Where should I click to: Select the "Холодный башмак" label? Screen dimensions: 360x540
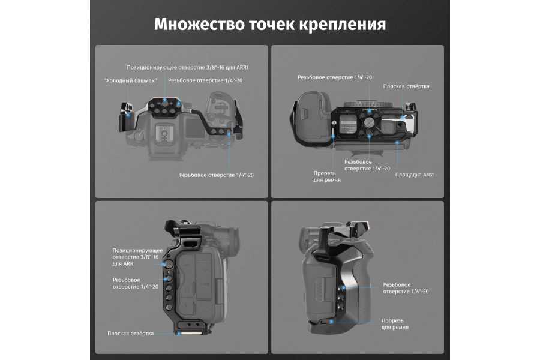tap(130, 80)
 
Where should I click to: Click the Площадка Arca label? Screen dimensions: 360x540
tap(414, 175)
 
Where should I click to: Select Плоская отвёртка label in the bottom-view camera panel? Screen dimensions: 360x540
tap(407, 86)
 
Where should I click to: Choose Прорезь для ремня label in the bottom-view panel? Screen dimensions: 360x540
tap(327, 176)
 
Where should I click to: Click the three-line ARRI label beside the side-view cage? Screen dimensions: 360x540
tap(136, 256)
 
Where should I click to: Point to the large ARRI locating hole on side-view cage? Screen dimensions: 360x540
tap(169, 263)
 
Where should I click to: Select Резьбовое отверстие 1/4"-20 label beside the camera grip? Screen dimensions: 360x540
tap(406, 287)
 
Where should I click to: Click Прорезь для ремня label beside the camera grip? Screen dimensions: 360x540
tap(395, 324)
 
